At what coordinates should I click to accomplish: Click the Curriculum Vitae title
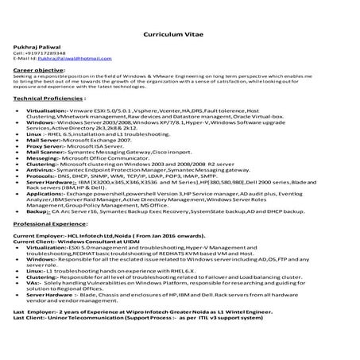click(x=180, y=36)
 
